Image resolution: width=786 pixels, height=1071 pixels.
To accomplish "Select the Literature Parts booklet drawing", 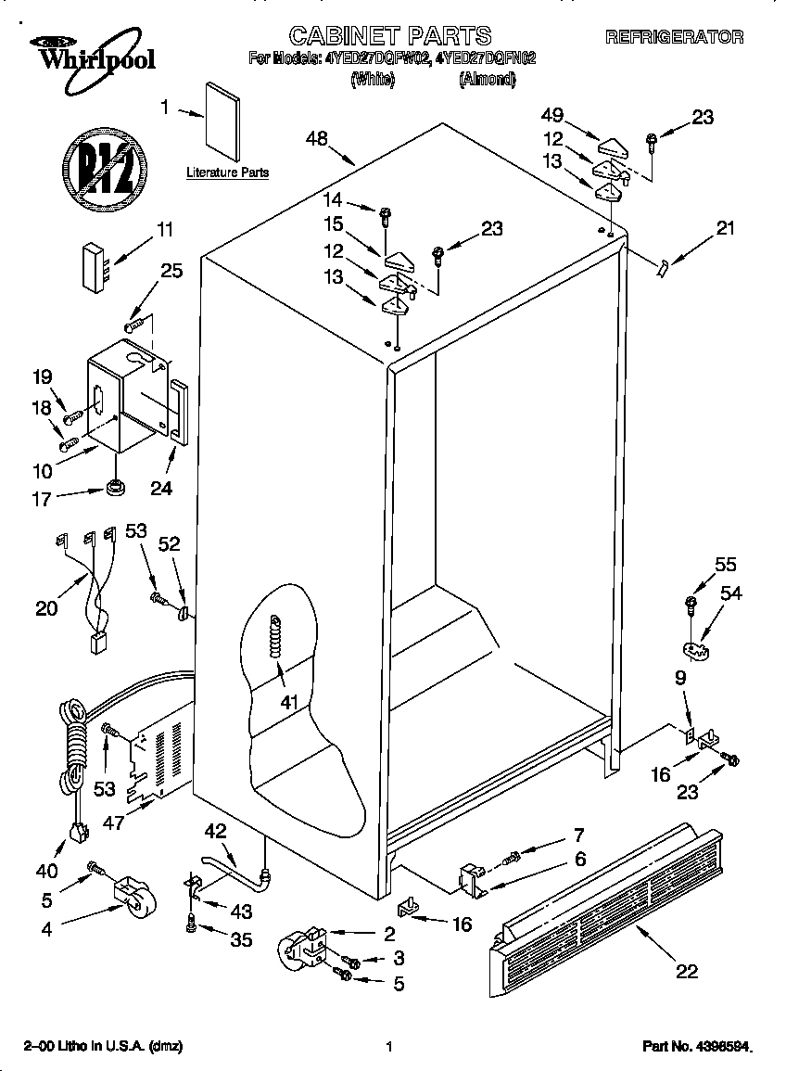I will tap(222, 120).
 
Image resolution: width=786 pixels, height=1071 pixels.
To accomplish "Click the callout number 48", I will tap(317, 139).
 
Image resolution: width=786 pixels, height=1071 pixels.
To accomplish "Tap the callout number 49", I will tap(551, 115).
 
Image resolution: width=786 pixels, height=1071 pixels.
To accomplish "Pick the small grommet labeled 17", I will tap(115, 486).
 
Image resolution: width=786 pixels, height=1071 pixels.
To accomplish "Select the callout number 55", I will tap(725, 564).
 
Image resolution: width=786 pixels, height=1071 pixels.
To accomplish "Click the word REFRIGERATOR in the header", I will tap(674, 37).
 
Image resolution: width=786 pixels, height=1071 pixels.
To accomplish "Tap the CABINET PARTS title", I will tap(389, 36).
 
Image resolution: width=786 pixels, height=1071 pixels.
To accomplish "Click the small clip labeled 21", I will tap(661, 267).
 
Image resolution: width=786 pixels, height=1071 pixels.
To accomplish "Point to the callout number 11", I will tap(165, 229).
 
